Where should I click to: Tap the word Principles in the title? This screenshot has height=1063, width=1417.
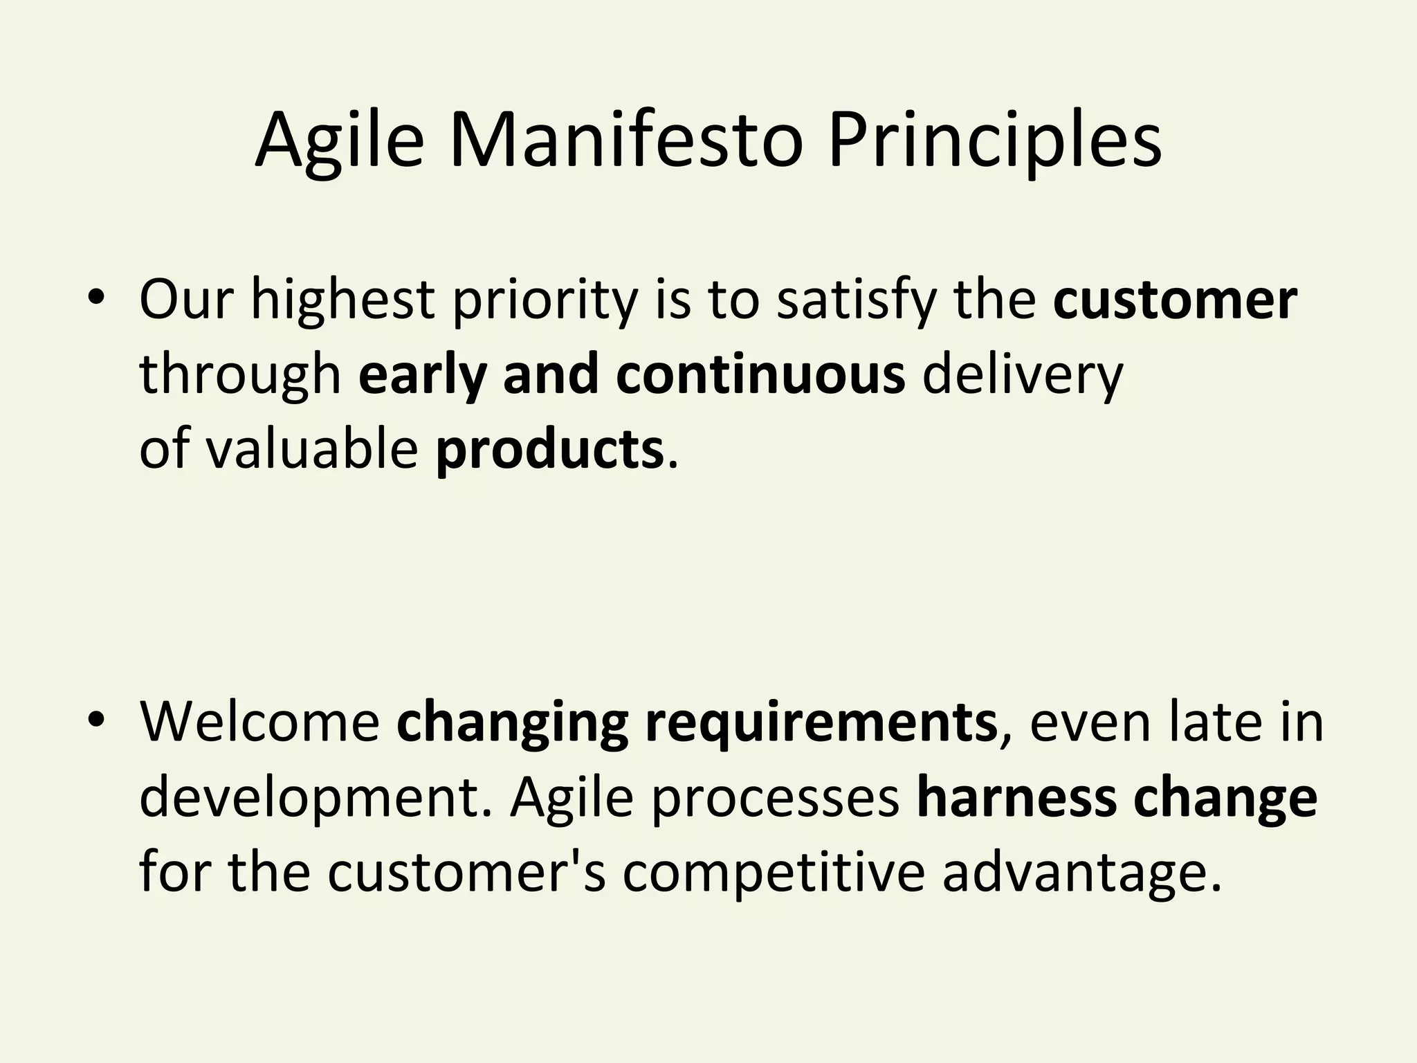(994, 142)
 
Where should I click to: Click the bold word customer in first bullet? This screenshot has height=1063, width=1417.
(1174, 302)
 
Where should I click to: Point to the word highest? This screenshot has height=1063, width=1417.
(342, 302)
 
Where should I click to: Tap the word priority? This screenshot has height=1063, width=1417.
(545, 302)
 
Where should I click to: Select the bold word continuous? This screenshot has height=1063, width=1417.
(760, 375)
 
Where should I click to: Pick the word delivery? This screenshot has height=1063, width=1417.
(1023, 375)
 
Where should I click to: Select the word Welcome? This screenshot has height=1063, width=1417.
(259, 723)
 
